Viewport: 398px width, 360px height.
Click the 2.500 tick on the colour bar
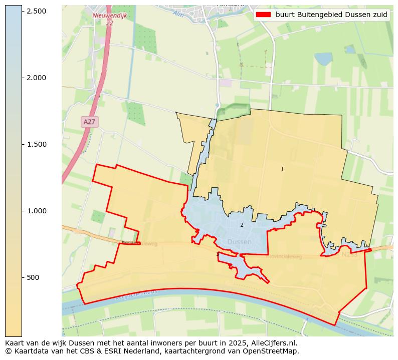point(22,11)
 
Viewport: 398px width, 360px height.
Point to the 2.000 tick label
point(36,78)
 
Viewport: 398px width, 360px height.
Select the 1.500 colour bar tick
point(22,144)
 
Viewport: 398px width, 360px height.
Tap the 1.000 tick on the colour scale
point(22,211)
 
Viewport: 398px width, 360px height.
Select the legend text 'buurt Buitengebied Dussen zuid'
point(331,15)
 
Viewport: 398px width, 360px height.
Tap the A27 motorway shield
point(89,122)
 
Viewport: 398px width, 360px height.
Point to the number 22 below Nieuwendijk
point(109,23)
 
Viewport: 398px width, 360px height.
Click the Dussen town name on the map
point(240,242)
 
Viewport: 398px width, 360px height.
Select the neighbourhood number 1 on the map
point(282,170)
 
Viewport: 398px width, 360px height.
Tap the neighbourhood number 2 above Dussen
point(242,225)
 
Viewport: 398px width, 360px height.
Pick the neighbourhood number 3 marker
point(218,254)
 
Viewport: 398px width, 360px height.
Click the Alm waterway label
point(178,14)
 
